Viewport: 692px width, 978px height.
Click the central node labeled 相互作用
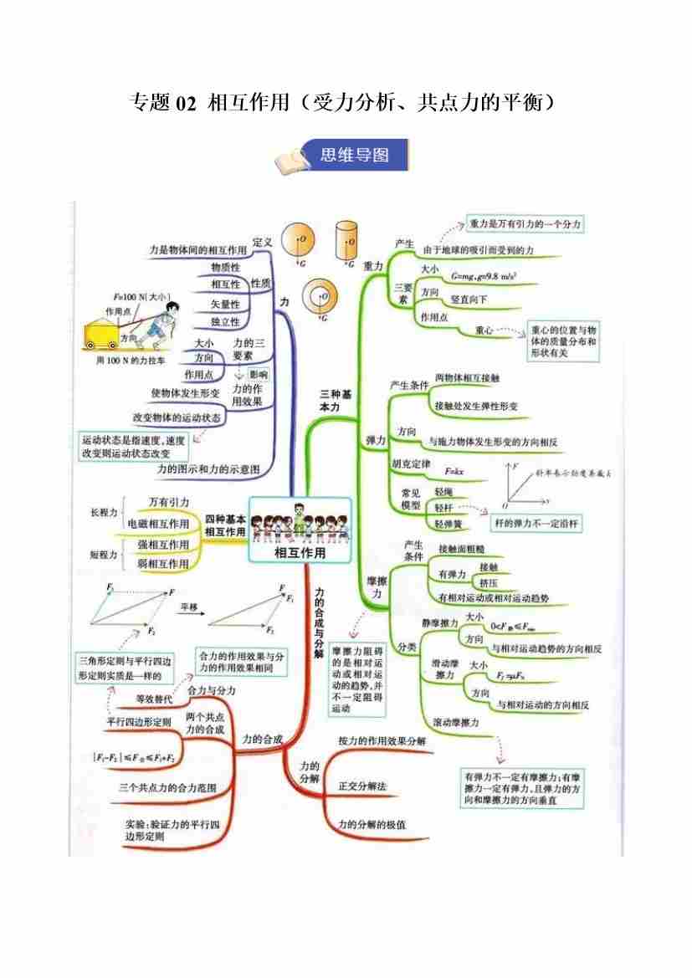pos(300,552)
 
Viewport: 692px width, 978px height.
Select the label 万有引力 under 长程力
pos(169,501)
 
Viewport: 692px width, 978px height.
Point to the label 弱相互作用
pos(163,564)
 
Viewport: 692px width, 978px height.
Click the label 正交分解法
pos(361,786)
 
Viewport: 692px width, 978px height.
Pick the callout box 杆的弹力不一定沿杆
pos(536,524)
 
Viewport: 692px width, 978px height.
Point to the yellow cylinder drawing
pos(345,241)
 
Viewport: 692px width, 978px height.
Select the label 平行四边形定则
pos(139,721)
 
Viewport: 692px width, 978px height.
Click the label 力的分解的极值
pos(372,824)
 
